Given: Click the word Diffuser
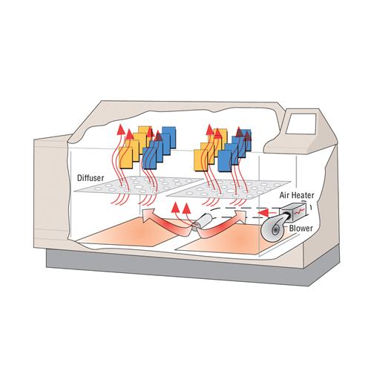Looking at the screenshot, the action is (x=91, y=178).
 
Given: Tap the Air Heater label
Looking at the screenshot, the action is (x=297, y=195).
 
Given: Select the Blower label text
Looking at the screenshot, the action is (x=301, y=229).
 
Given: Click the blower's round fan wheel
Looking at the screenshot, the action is (x=274, y=229).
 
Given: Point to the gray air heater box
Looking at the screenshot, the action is (x=295, y=211).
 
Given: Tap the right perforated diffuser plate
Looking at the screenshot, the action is (x=229, y=190).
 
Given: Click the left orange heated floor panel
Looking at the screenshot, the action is (x=135, y=232).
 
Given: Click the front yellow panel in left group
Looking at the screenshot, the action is (x=126, y=158).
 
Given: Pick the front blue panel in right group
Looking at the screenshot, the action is (x=225, y=161).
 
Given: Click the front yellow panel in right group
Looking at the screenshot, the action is (x=201, y=160).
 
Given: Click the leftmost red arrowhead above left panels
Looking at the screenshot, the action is (x=121, y=129).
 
